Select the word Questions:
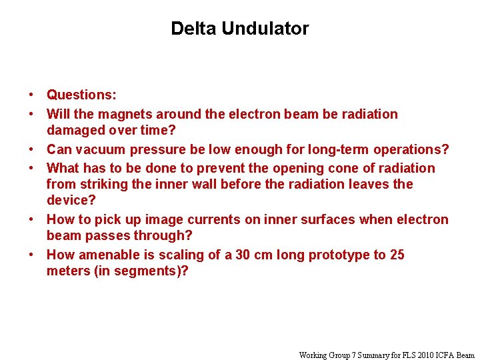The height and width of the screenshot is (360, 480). point(81,96)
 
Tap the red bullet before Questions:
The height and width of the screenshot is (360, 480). point(31,96)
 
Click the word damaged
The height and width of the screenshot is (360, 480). point(76,131)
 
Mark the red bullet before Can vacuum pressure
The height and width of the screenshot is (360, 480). point(31,149)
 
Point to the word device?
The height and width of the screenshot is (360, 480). point(71,200)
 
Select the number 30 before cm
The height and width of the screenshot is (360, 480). point(244,255)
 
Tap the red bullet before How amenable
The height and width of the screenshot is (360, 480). point(31,255)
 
